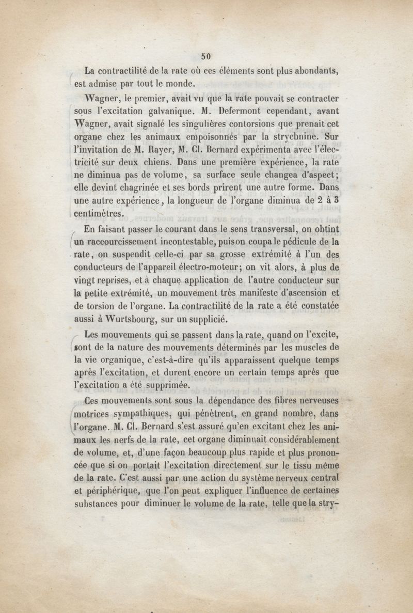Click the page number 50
point(207,56)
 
